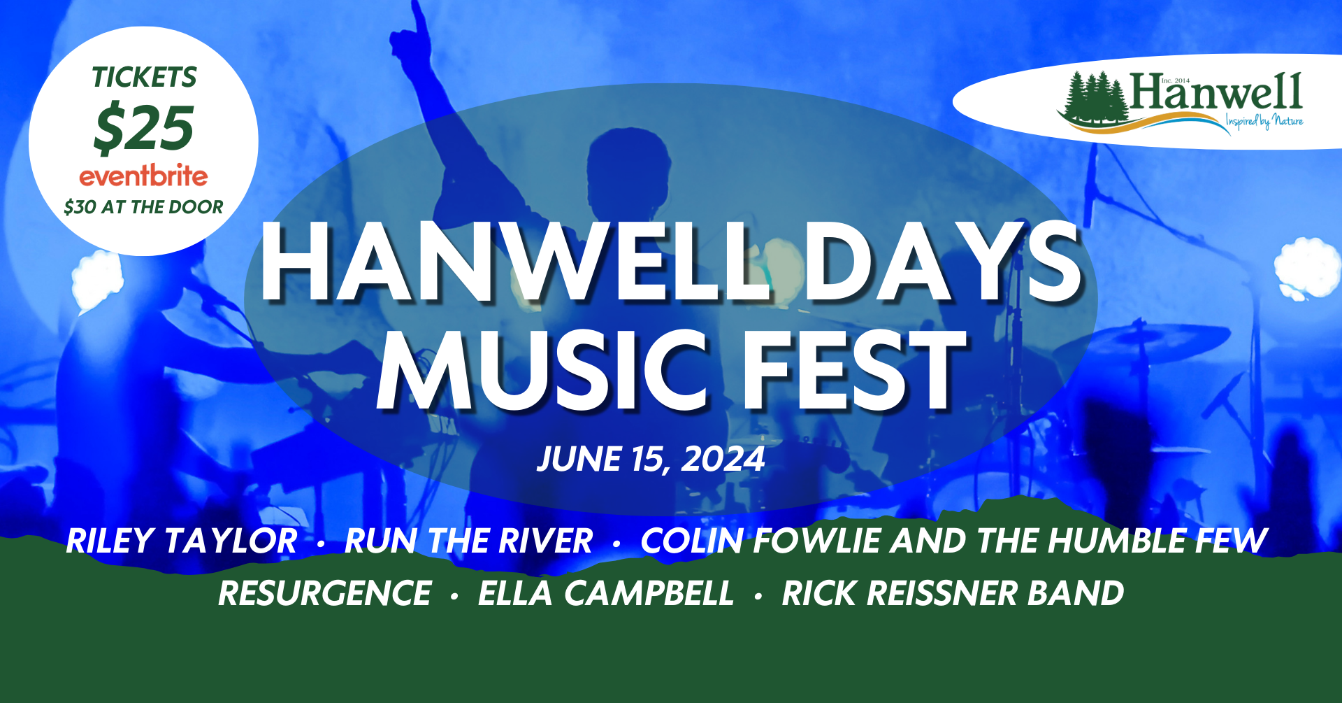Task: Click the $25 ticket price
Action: tap(143, 129)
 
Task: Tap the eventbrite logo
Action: tap(143, 176)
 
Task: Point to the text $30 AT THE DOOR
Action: tap(143, 207)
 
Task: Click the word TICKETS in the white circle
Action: tap(145, 77)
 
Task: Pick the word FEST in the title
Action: tap(855, 371)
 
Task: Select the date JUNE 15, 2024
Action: tap(651, 460)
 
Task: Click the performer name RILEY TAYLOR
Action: tap(182, 541)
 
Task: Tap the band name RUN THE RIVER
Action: tap(468, 541)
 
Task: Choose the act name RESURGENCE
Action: tap(324, 594)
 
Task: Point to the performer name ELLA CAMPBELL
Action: tap(606, 594)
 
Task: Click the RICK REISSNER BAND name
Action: tap(953, 594)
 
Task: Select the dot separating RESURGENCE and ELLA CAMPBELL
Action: tap(454, 597)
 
